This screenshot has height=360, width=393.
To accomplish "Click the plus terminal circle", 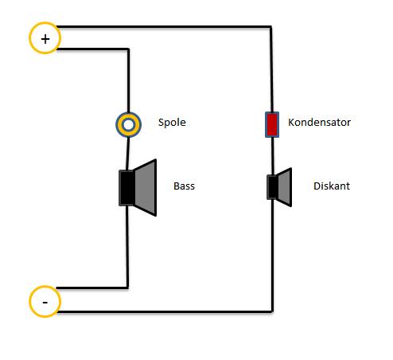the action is [x=45, y=24].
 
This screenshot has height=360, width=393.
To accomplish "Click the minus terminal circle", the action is [x=45, y=287].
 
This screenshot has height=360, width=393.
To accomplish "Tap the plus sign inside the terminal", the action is [x=45, y=39].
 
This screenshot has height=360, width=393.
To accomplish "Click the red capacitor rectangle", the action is [x=272, y=124].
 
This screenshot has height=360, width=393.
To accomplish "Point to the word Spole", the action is [x=172, y=123].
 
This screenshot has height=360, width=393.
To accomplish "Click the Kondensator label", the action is [x=319, y=122].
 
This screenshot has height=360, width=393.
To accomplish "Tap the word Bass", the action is [x=184, y=186].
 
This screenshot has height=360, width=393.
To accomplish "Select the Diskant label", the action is [x=332, y=186].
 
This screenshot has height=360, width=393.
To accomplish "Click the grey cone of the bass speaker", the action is [x=146, y=188].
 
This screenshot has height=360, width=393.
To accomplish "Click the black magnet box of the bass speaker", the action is [x=126, y=188].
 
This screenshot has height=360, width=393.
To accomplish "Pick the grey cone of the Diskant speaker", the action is [x=285, y=187].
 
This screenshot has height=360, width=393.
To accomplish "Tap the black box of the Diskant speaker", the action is [x=272, y=187].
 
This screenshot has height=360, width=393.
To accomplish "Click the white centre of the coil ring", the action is [x=129, y=125].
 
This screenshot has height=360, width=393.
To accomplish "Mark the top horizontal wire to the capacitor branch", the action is [x=164, y=26].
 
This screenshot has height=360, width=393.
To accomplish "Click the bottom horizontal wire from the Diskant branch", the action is [x=165, y=311].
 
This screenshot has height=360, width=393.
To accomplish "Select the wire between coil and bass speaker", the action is [x=127, y=154].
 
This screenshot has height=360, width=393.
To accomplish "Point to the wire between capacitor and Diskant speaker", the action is [x=272, y=156].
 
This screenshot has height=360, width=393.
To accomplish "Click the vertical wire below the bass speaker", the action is [x=127, y=247].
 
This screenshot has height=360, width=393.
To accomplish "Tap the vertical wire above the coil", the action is [x=129, y=80].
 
